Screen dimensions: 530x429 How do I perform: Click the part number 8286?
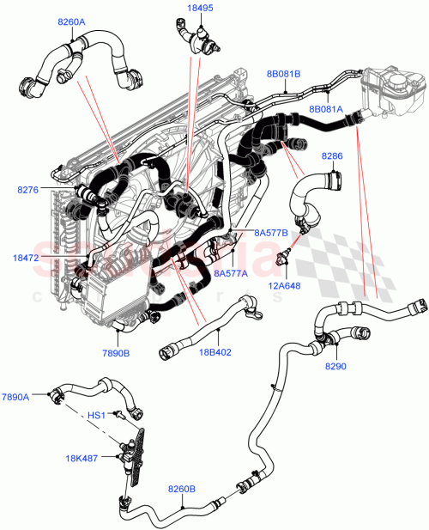point(332,156)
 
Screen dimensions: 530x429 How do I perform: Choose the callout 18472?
point(27,256)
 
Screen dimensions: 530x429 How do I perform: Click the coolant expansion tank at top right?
point(390,90)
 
